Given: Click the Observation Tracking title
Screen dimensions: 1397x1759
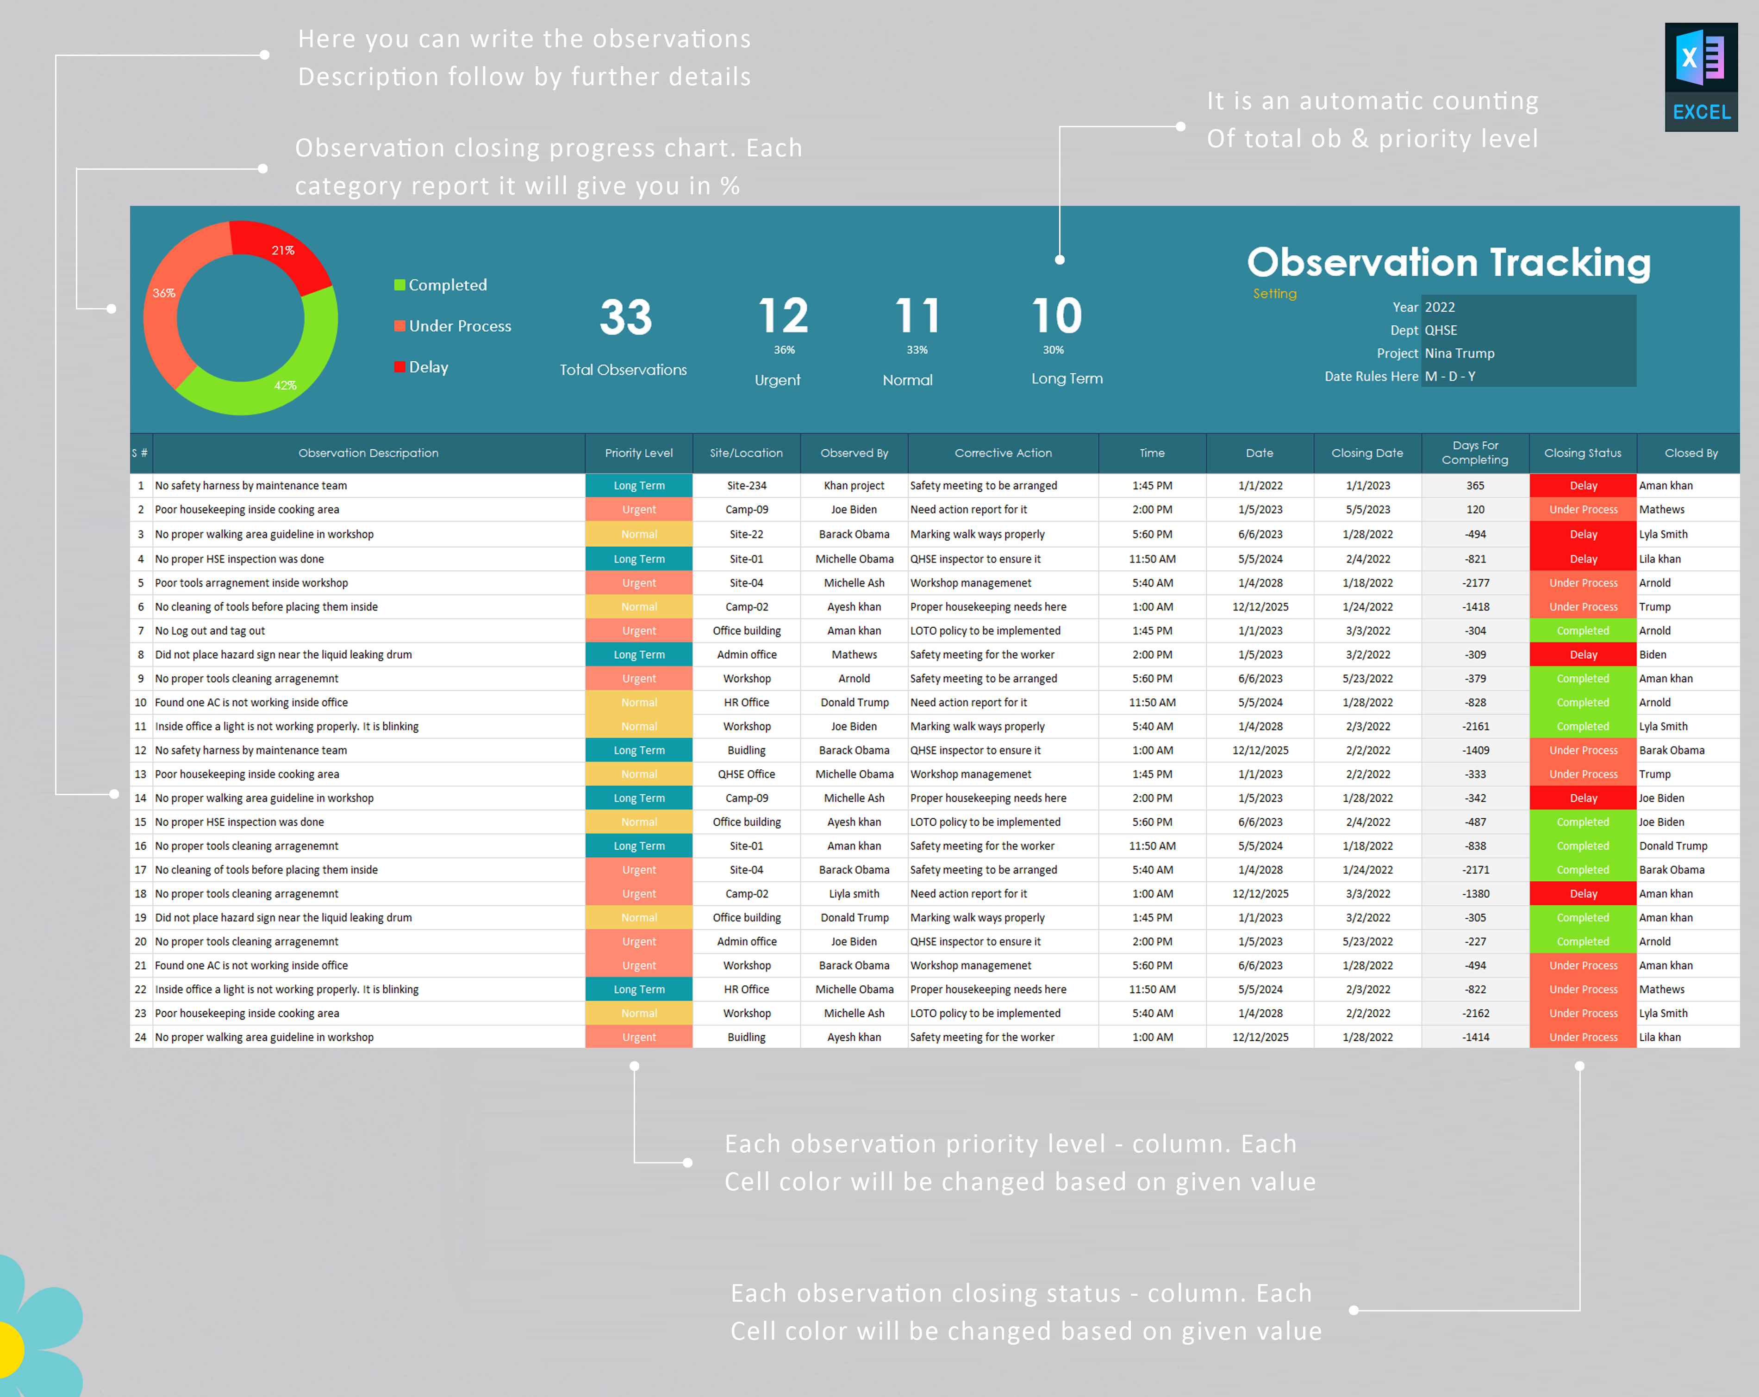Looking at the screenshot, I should [1448, 263].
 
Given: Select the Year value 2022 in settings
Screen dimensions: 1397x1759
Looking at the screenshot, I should [1440, 308].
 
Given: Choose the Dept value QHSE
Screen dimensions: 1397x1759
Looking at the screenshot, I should [1441, 330].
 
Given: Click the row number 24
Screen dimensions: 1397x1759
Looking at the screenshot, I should [140, 1038].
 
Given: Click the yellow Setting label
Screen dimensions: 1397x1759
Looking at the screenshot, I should [1274, 294].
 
